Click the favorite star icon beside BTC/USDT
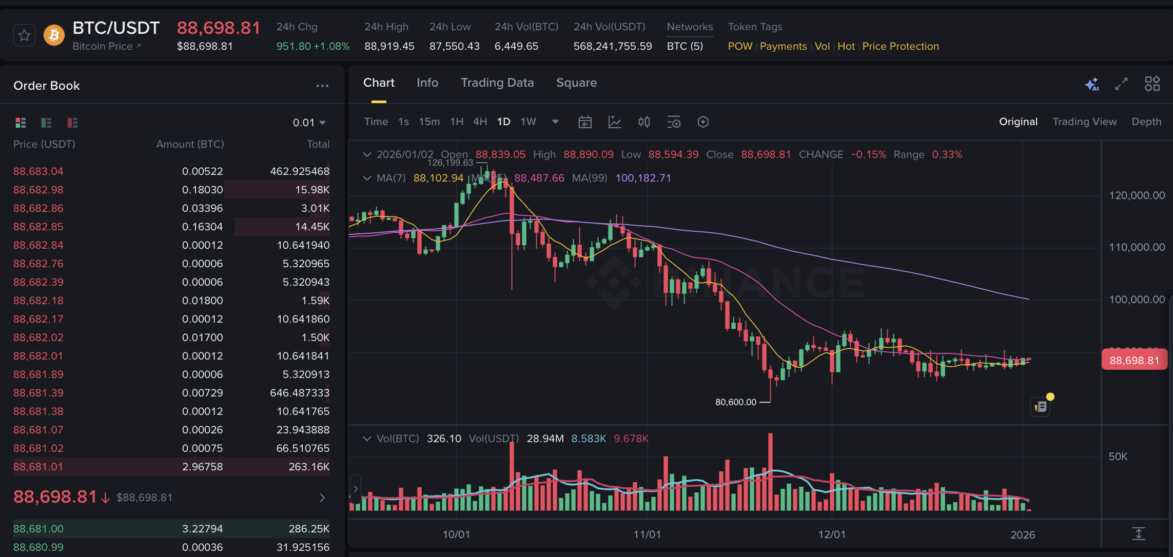(24, 35)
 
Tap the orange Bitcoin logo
(54, 35)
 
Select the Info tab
(427, 83)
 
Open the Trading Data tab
(497, 83)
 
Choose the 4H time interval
(480, 122)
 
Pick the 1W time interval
(528, 122)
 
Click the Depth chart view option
(1146, 122)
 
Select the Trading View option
(1084, 122)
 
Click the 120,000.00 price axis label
(1137, 195)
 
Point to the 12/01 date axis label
(831, 534)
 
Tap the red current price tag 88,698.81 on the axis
(1134, 360)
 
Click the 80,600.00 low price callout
(735, 402)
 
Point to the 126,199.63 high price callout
(450, 163)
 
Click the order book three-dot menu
(322, 86)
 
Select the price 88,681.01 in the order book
(38, 467)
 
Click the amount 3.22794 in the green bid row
(202, 528)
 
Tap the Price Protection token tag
(900, 46)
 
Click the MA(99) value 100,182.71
(643, 178)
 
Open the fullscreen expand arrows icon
(1121, 84)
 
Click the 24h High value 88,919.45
(389, 46)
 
